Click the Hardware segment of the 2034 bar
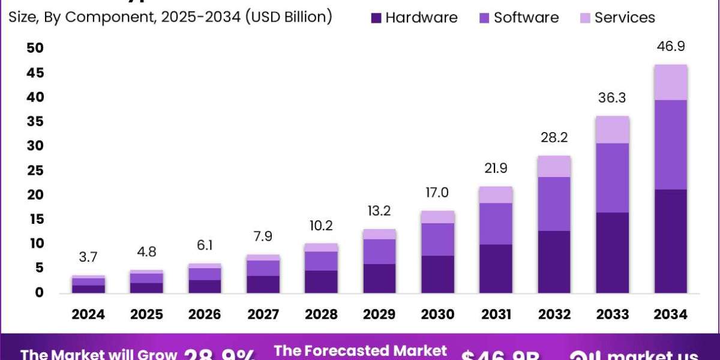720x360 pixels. point(671,241)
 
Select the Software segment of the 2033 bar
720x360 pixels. point(613,178)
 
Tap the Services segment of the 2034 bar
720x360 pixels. point(671,82)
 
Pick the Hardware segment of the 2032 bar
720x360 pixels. point(554,262)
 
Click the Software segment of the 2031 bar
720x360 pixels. point(496,223)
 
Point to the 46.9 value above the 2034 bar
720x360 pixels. point(671,47)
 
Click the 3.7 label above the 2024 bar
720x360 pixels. point(89,257)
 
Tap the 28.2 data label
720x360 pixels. point(554,138)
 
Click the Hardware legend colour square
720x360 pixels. point(376,18)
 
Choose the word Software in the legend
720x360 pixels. point(526,18)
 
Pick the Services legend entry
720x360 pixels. point(625,18)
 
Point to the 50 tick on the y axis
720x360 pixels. point(35,49)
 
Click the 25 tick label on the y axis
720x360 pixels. point(35,170)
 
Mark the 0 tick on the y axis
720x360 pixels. point(39,293)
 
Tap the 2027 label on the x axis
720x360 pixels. point(263,314)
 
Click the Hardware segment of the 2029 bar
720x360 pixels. point(380,278)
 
